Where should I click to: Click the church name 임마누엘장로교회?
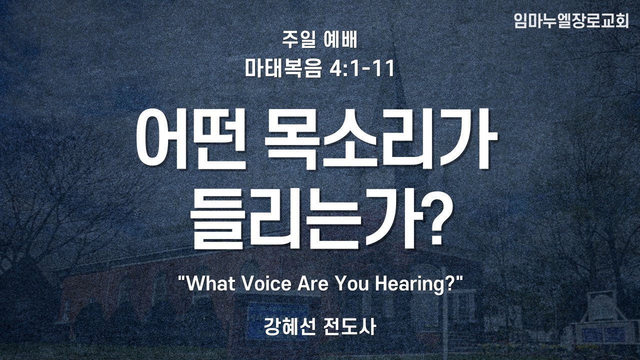571,20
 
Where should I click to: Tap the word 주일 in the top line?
299,41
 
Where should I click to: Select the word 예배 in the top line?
341,41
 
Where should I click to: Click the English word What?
211,283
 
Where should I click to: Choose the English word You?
352,283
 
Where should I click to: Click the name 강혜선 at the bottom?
289,326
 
